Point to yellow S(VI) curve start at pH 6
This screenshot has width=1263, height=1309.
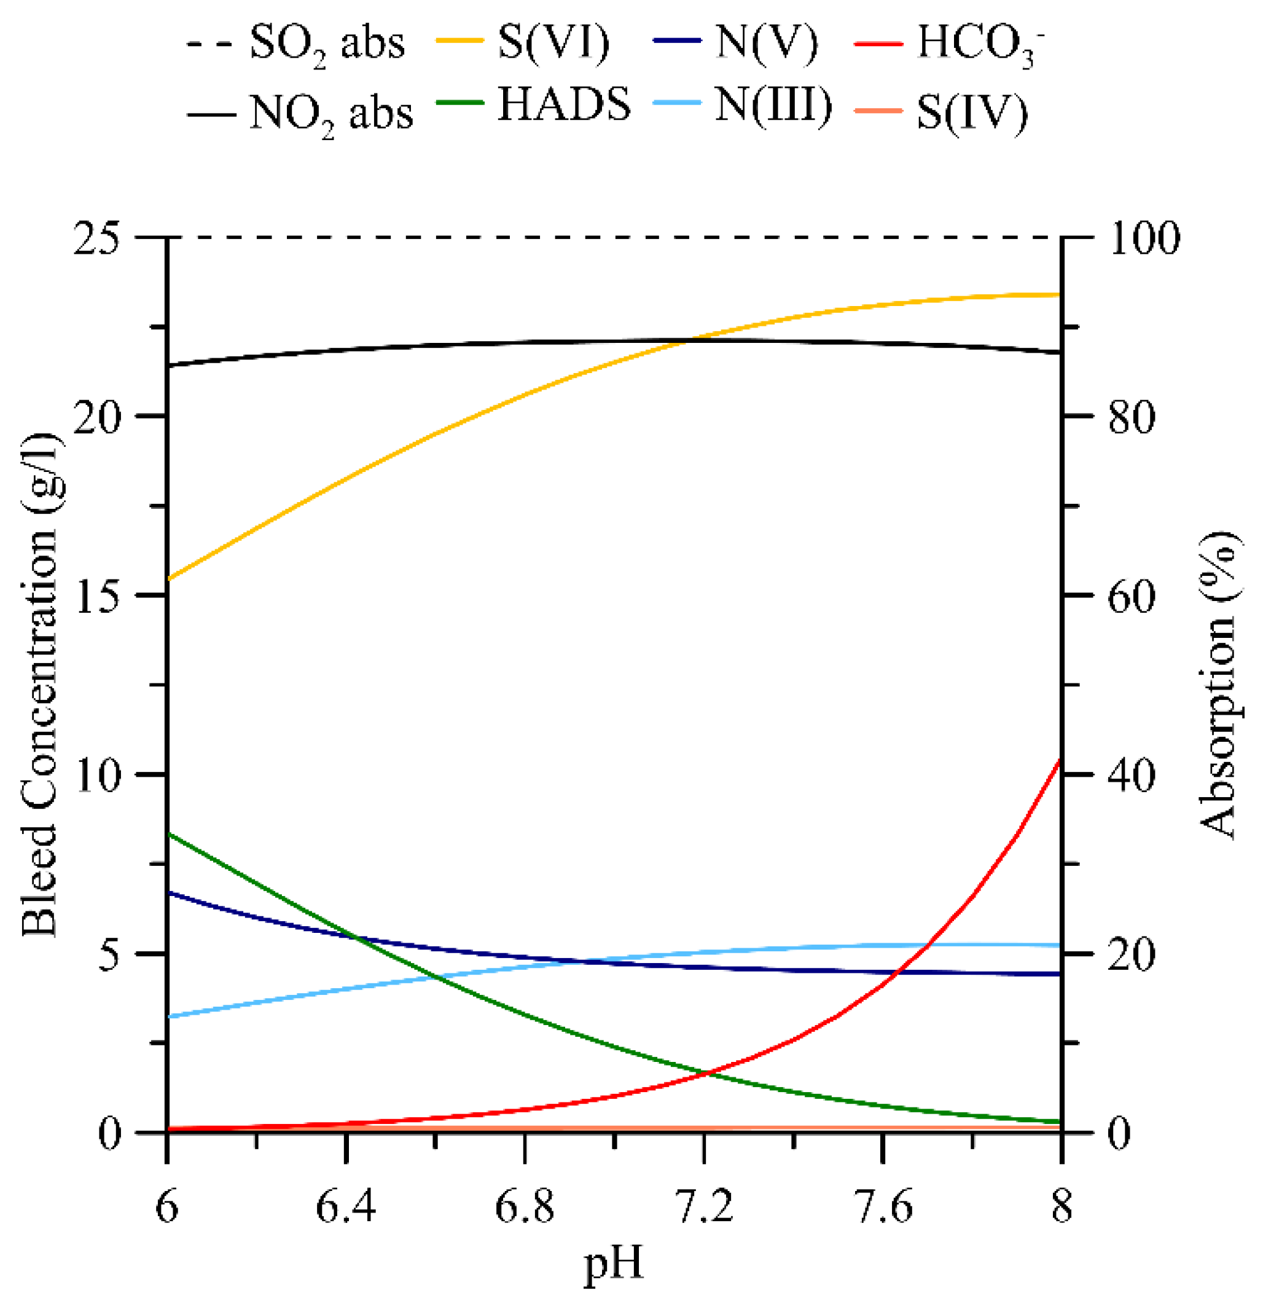(168, 579)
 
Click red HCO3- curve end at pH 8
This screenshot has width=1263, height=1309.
(1060, 760)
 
